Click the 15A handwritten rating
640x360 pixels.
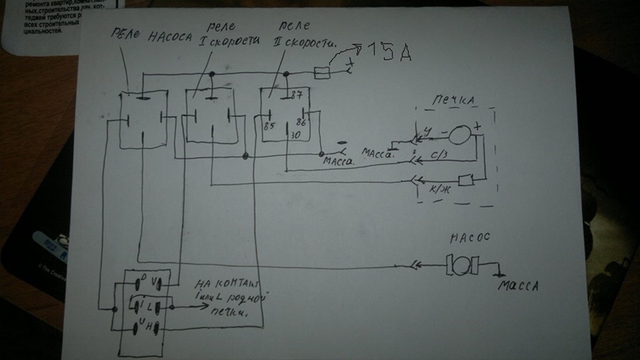[386, 53]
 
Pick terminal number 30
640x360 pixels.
[293, 135]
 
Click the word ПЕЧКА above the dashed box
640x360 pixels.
[453, 100]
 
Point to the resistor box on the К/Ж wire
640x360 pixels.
[467, 179]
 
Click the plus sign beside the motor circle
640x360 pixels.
[478, 126]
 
